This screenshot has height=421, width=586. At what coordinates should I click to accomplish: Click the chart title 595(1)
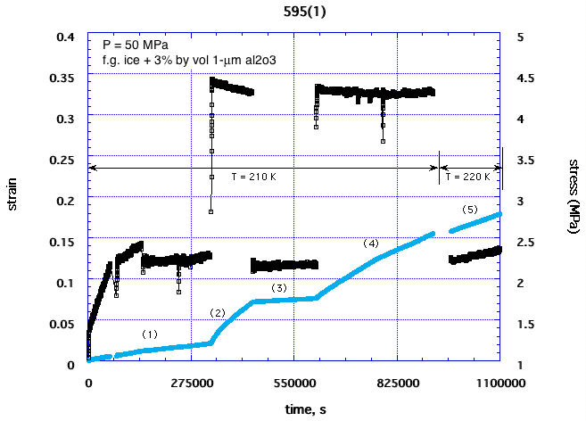tap(293, 11)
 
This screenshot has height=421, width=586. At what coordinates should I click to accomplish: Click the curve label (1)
tap(150, 334)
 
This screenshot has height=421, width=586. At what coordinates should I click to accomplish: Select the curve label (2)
tap(219, 313)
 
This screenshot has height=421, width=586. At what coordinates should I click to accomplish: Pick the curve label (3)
tap(280, 287)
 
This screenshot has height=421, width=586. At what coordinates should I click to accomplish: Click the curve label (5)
tap(471, 210)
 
